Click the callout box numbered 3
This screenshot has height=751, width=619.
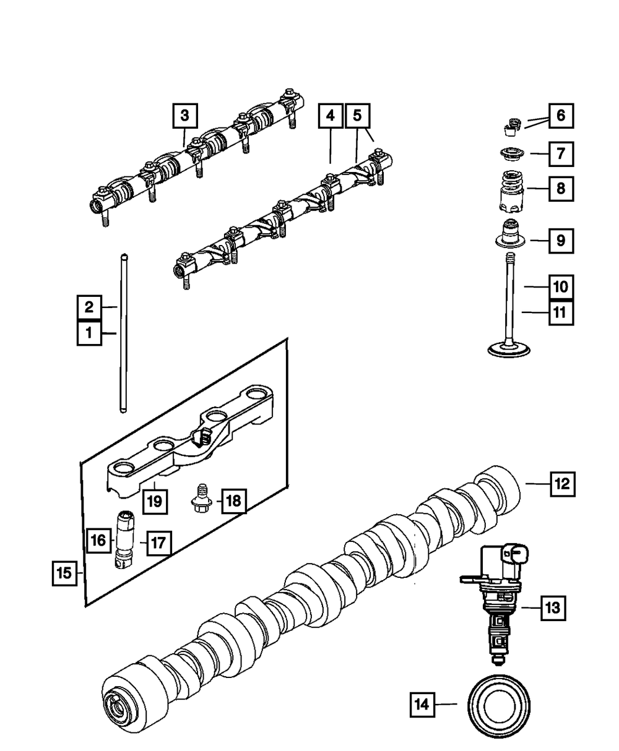point(184,115)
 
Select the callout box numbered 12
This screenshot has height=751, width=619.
point(562,483)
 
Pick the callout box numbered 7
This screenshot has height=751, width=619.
point(561,153)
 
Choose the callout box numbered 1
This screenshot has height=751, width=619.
point(89,333)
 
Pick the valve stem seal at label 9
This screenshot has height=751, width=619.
point(511,234)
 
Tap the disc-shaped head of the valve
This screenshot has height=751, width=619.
point(510,350)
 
